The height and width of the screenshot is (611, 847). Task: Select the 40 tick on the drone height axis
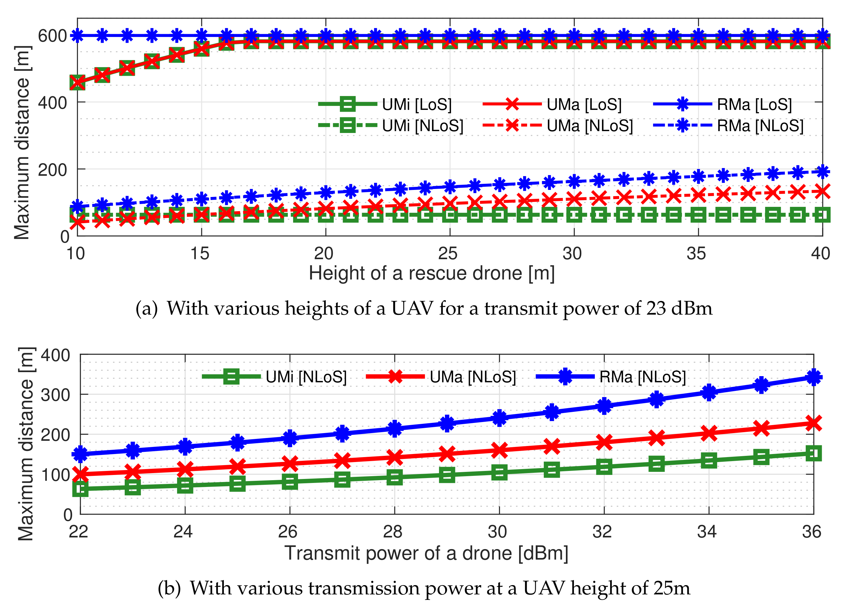point(820,254)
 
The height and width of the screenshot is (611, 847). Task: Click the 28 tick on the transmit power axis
point(393,532)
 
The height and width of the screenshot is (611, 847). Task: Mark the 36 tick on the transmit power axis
point(811,532)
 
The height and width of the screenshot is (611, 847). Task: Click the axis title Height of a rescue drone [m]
point(431,273)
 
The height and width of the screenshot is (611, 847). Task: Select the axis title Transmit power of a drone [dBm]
point(426,553)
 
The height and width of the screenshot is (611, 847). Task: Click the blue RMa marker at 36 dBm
point(813,377)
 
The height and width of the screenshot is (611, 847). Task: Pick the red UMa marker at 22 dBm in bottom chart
point(80,474)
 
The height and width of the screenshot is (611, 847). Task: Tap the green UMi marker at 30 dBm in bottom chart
point(499,472)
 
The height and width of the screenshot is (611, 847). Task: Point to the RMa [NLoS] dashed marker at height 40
point(822,171)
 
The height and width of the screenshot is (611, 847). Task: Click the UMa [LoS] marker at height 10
point(77,82)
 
